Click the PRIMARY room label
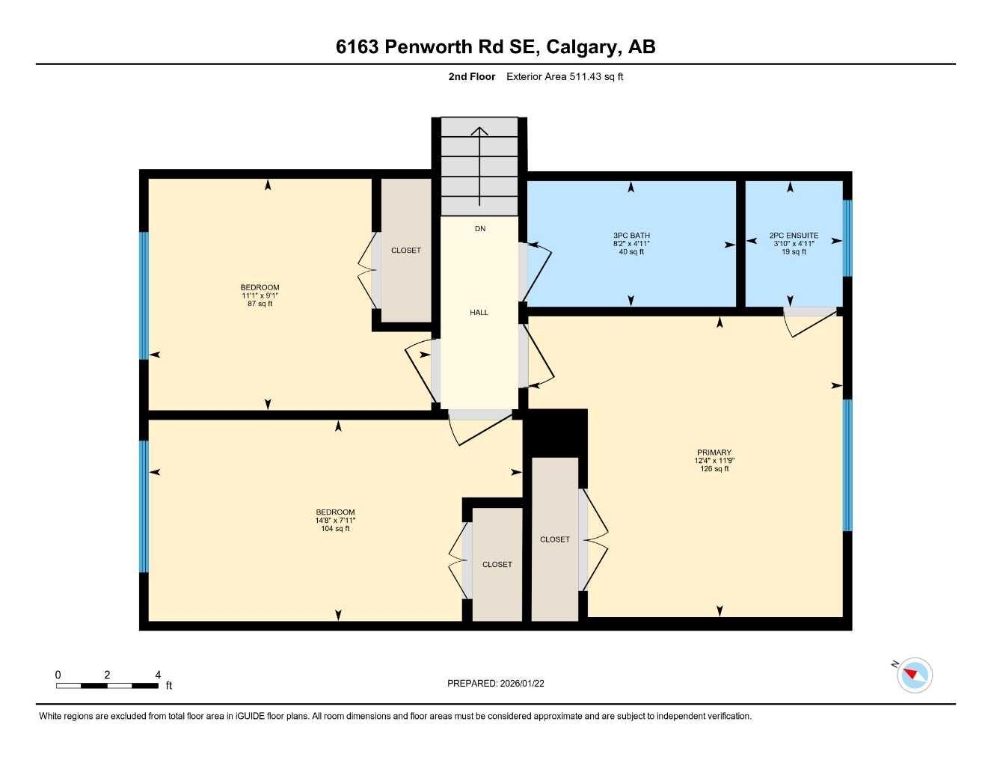714,453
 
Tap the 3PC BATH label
631,236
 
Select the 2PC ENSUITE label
794,236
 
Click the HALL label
479,313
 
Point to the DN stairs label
480,229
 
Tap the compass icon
914,675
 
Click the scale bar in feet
107,685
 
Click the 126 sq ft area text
714,469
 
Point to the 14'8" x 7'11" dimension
335,521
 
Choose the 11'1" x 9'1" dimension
260,295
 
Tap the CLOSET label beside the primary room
555,539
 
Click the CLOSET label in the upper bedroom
406,251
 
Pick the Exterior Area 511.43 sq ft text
565,76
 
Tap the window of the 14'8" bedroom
144,506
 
